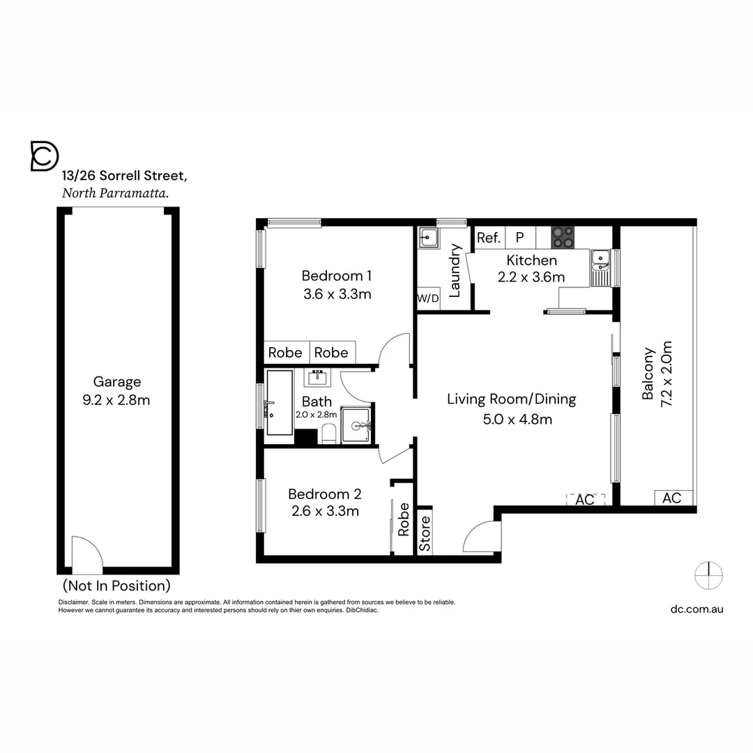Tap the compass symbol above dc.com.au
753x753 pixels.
(x=708, y=575)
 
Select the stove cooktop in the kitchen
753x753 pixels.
(x=563, y=237)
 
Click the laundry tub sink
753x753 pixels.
(x=427, y=238)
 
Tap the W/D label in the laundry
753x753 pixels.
(x=428, y=299)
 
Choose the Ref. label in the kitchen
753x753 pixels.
(x=489, y=238)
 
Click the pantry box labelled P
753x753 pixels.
(x=519, y=238)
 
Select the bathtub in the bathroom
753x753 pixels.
(x=280, y=403)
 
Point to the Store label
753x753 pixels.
(x=425, y=533)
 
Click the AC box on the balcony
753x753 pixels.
(x=672, y=498)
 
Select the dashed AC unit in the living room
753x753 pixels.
(x=584, y=499)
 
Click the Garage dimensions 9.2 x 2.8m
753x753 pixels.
(x=117, y=400)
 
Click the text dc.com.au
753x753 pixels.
(x=697, y=609)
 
